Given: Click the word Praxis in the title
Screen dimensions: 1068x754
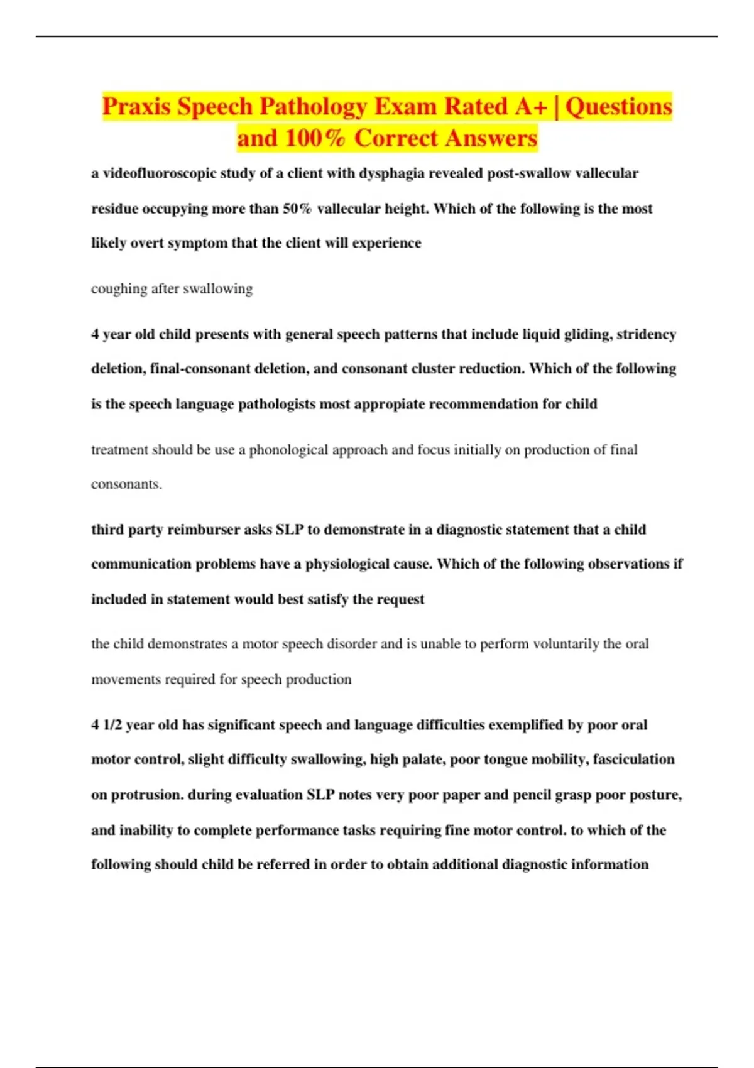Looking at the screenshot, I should [136, 107].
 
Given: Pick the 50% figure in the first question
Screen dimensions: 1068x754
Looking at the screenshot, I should [297, 209].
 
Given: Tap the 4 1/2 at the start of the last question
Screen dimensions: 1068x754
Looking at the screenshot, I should [106, 725].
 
